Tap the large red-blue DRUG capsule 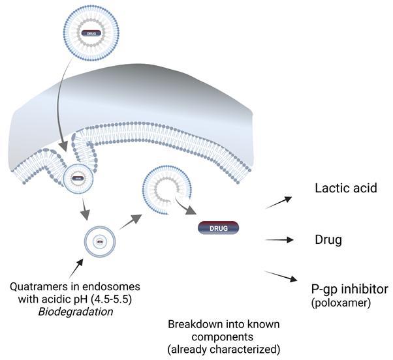(219, 228)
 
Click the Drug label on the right (328, 240)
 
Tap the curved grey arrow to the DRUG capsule (187, 207)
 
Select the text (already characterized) (224, 349)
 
